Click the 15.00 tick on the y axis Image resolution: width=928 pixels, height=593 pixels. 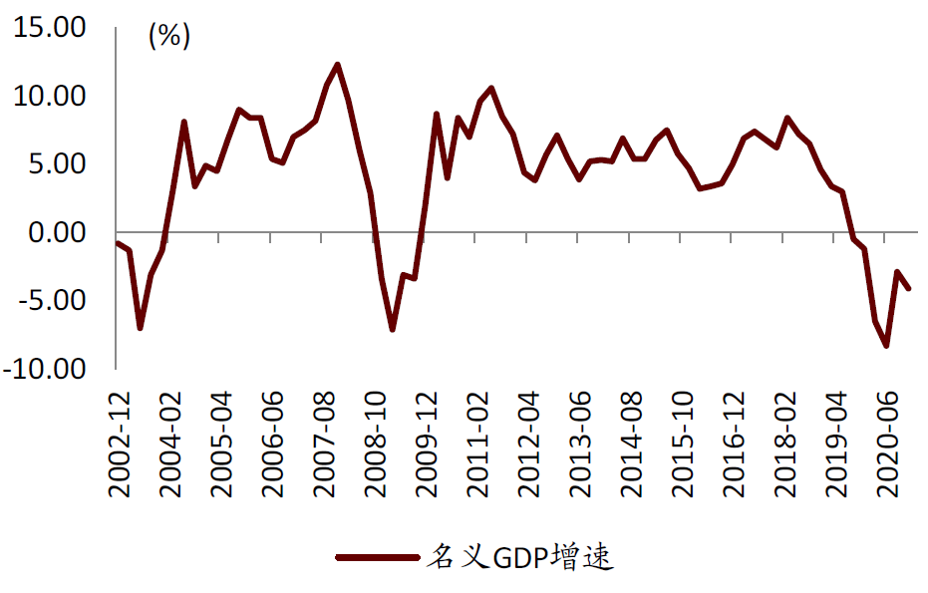coord(50,29)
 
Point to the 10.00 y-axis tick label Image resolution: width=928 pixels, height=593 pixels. coord(50,97)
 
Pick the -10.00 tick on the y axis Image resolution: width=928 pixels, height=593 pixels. coord(46,368)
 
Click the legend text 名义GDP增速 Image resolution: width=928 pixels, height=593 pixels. coord(519,557)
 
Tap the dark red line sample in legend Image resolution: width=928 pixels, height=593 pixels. coord(376,557)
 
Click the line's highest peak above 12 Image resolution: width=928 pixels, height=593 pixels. coord(338,65)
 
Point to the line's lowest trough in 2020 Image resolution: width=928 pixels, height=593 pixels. coord(885,346)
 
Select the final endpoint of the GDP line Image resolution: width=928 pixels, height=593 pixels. coord(908,288)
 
